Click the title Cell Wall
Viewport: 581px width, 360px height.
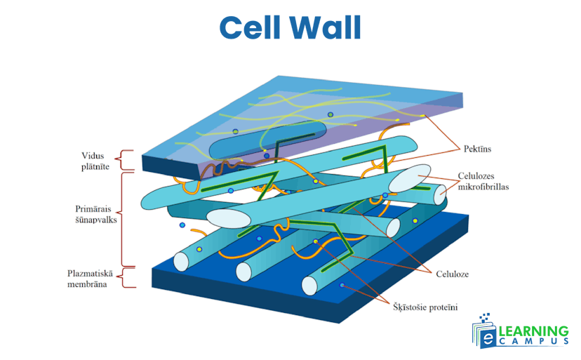pos(290,28)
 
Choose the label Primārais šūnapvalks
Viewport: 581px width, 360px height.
pos(97,213)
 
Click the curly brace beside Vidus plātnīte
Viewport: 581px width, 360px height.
pos(126,160)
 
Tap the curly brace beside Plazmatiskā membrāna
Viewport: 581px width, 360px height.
pos(125,277)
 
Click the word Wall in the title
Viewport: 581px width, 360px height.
pos(327,28)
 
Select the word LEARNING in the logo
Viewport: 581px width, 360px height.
pos(533,331)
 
